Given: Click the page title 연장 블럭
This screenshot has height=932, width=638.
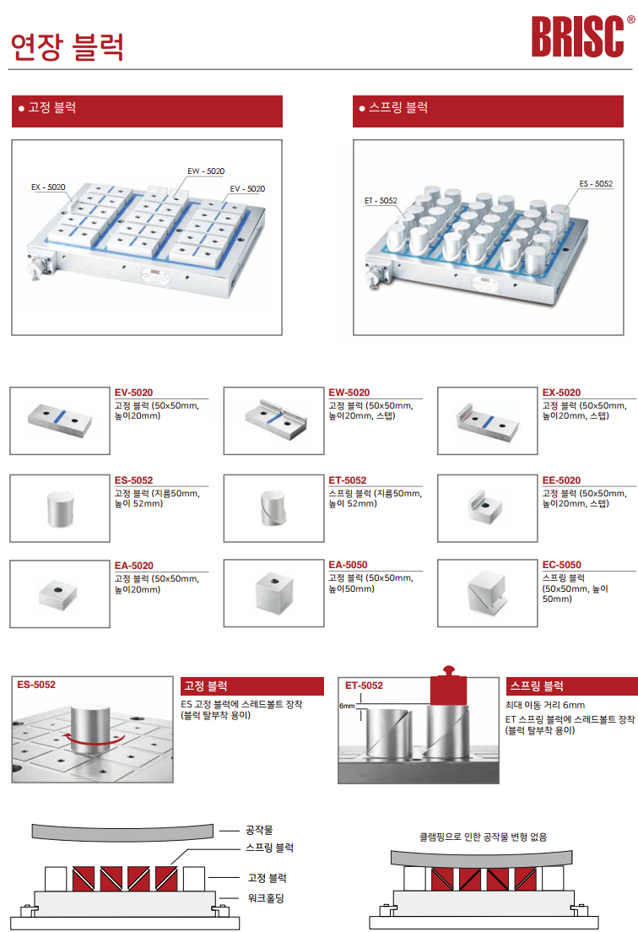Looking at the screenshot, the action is (x=68, y=47).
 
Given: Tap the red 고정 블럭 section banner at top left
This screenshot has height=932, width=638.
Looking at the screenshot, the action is (x=147, y=111).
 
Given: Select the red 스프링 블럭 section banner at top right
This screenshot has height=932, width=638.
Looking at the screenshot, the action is (x=488, y=111).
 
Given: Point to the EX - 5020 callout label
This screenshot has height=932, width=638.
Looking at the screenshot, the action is (x=48, y=187).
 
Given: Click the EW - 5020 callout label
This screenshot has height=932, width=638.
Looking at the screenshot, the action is (x=206, y=171).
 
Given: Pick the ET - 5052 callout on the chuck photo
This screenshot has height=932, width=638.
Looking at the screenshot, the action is (x=381, y=201).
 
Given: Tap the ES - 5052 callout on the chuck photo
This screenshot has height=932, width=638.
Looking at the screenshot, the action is (x=596, y=184).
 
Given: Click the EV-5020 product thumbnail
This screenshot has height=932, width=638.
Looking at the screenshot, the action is (x=60, y=420).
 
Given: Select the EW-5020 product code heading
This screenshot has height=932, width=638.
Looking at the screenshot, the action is (x=349, y=393).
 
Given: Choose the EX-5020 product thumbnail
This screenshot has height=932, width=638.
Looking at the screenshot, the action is (x=488, y=420).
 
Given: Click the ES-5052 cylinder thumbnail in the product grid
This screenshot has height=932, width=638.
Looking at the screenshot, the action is (x=60, y=508).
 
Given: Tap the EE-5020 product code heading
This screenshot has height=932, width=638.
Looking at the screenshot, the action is (x=561, y=480).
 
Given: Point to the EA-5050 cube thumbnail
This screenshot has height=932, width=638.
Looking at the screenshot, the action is (x=274, y=593).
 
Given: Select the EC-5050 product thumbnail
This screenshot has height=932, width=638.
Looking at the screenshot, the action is (x=488, y=593).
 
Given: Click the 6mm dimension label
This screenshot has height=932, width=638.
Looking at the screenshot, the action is (x=347, y=706).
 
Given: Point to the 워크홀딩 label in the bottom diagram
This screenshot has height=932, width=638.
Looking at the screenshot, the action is (x=266, y=898).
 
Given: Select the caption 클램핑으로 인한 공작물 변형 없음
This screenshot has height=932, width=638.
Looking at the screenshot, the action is (x=483, y=837).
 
